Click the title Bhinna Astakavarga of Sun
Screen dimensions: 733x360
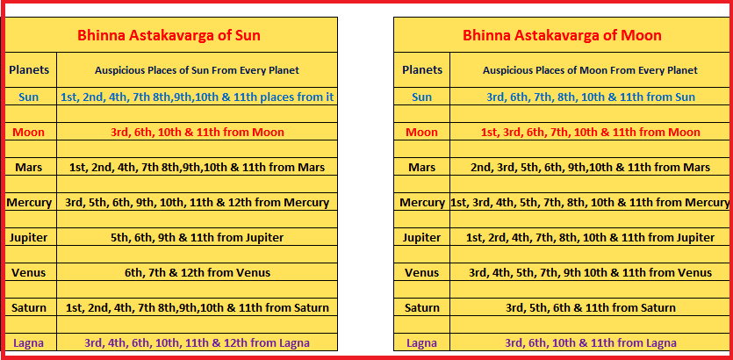(x=169, y=35)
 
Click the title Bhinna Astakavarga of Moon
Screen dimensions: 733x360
(x=562, y=35)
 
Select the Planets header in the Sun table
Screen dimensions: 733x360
(x=29, y=70)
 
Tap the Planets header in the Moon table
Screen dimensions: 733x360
(x=422, y=70)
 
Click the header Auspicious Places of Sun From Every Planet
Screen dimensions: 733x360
(x=197, y=70)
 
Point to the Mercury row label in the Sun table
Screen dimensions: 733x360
(x=29, y=203)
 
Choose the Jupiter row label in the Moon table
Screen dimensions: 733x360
(x=421, y=237)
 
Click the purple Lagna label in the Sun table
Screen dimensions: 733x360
(x=28, y=342)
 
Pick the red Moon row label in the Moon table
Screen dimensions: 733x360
(x=421, y=133)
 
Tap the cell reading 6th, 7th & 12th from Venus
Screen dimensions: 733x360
(x=198, y=272)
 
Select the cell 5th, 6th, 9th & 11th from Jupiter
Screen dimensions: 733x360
(x=198, y=237)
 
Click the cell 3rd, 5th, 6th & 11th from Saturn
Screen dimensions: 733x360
(x=591, y=307)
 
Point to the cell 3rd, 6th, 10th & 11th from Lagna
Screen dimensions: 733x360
(x=591, y=342)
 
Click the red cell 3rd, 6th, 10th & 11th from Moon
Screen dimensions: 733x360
(x=198, y=133)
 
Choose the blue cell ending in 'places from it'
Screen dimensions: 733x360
(x=198, y=97)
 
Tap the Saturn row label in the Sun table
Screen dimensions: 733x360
(x=29, y=307)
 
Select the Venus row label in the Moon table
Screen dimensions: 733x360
(x=421, y=272)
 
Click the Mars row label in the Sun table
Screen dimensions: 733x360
(x=29, y=168)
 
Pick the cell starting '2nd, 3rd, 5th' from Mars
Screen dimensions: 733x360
(x=591, y=168)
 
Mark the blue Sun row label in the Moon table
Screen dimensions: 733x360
(x=421, y=97)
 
